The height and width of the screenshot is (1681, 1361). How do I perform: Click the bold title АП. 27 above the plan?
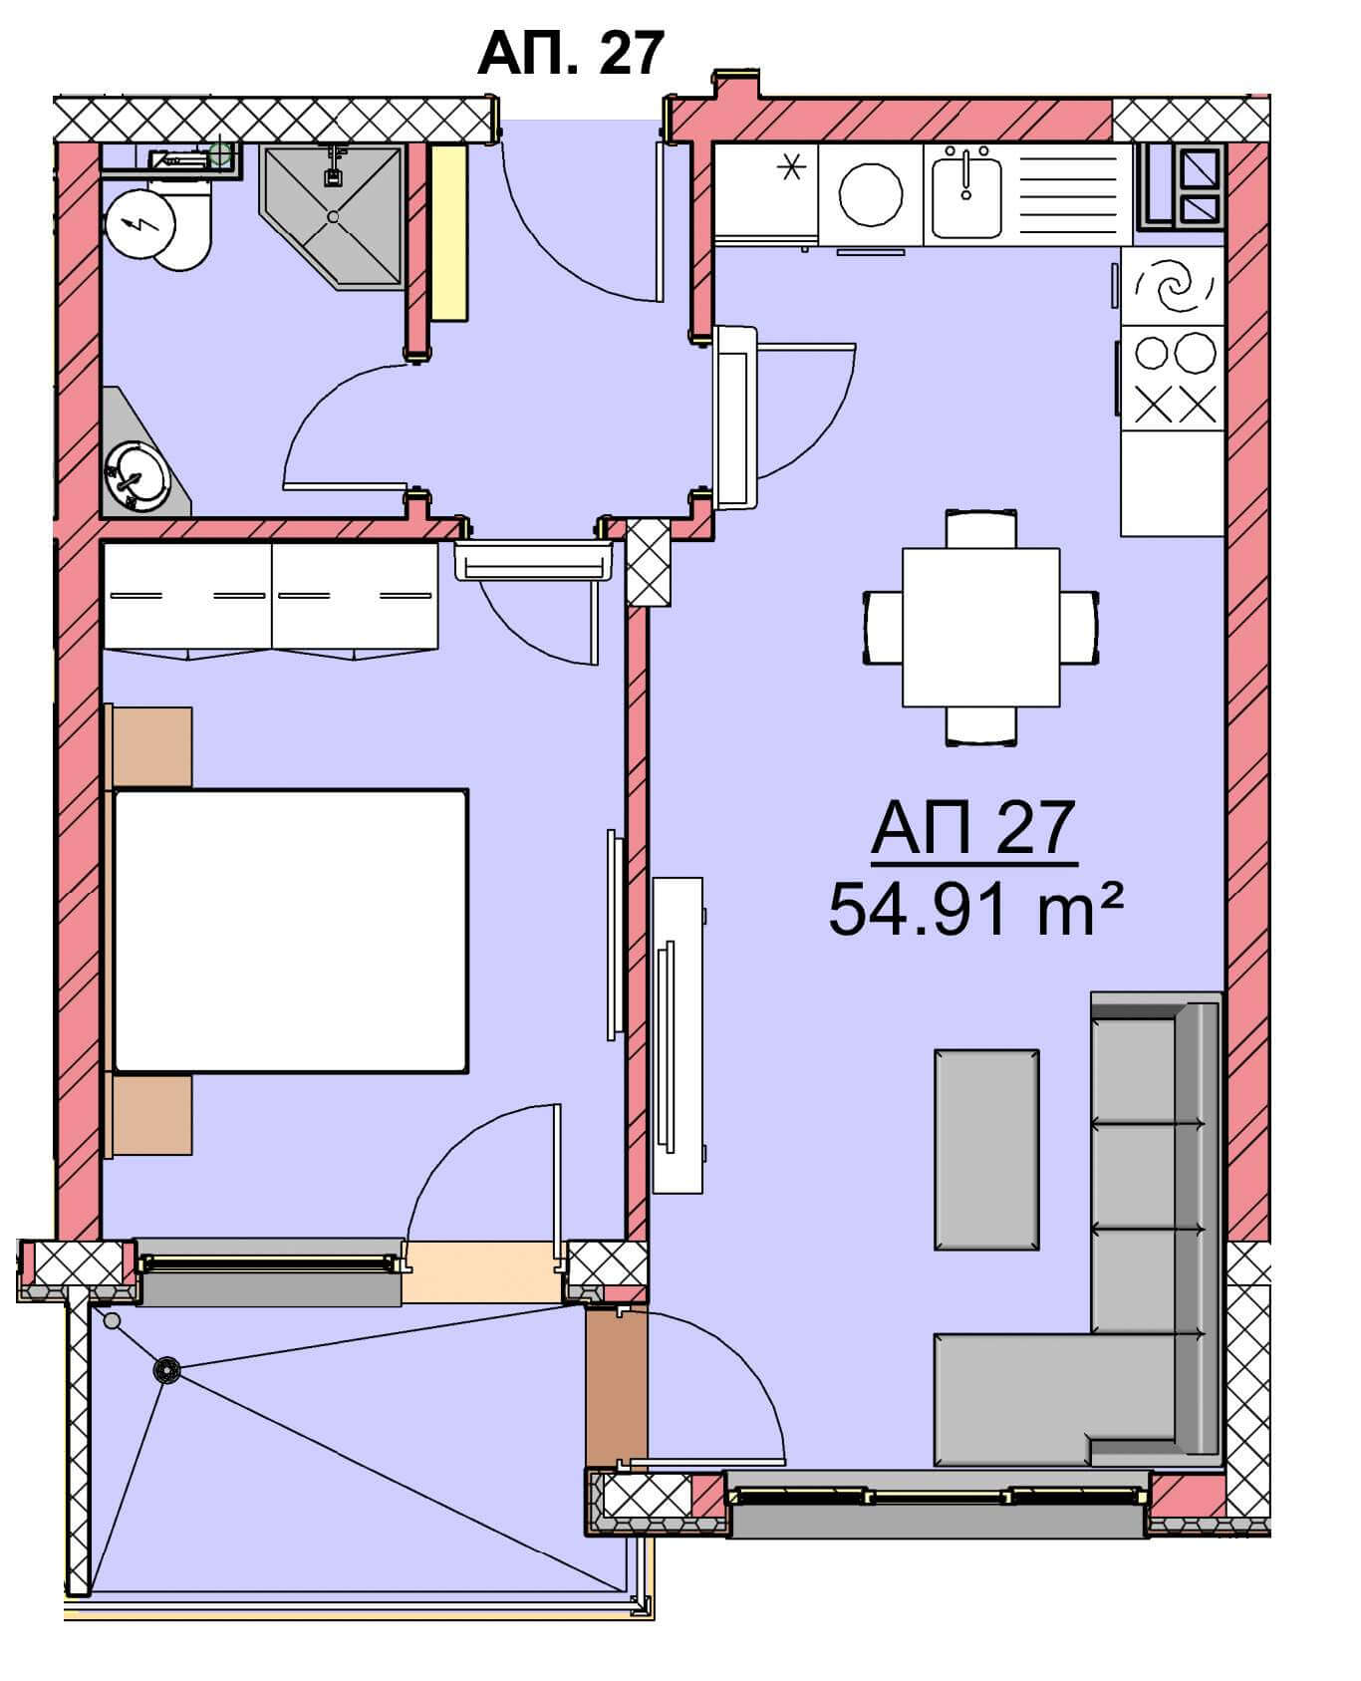coord(570,53)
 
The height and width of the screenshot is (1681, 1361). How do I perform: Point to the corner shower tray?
coord(333,216)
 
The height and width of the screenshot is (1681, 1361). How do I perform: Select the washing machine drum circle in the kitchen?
coord(870,194)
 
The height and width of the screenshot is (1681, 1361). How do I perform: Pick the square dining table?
coord(980,627)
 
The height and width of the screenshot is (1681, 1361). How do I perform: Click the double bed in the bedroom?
coord(290,931)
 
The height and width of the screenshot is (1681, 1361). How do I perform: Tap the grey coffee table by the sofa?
coord(986,1149)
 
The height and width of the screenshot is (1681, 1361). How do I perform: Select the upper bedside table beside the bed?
coord(150,747)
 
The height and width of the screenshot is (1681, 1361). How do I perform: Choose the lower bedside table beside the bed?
coord(150,1115)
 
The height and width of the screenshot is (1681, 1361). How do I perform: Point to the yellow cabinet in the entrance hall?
coord(449,233)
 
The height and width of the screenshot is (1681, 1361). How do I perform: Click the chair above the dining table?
coord(981,528)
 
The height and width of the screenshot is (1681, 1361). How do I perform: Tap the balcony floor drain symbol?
coord(167,1371)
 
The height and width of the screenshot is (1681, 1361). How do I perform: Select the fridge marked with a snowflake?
coord(765,193)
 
